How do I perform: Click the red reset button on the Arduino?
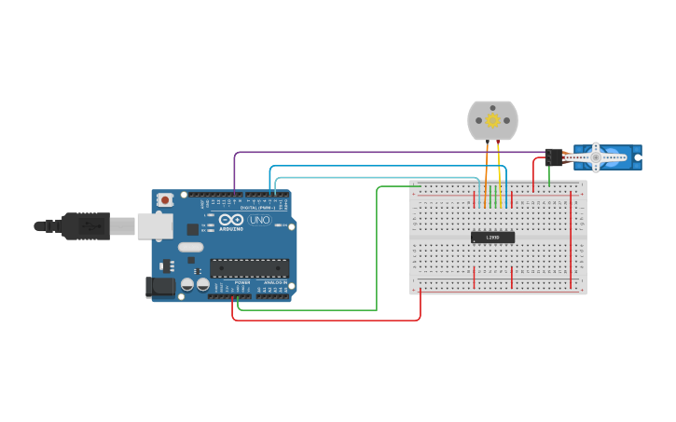[x=165, y=199]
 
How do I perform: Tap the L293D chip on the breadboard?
[x=492, y=238]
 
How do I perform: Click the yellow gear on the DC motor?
[x=492, y=120]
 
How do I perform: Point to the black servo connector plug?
[x=554, y=157]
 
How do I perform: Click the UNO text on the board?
[x=260, y=220]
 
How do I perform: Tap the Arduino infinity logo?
[x=231, y=220]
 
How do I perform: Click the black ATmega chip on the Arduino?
[x=248, y=268]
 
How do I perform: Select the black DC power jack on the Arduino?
[x=159, y=288]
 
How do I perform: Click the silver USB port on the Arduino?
[x=154, y=225]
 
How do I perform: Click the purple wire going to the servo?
[x=373, y=152]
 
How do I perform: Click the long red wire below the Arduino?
[x=326, y=320]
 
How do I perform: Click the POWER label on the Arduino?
[x=242, y=282]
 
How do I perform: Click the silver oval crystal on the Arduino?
[x=190, y=247]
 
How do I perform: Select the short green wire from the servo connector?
[x=548, y=174]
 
